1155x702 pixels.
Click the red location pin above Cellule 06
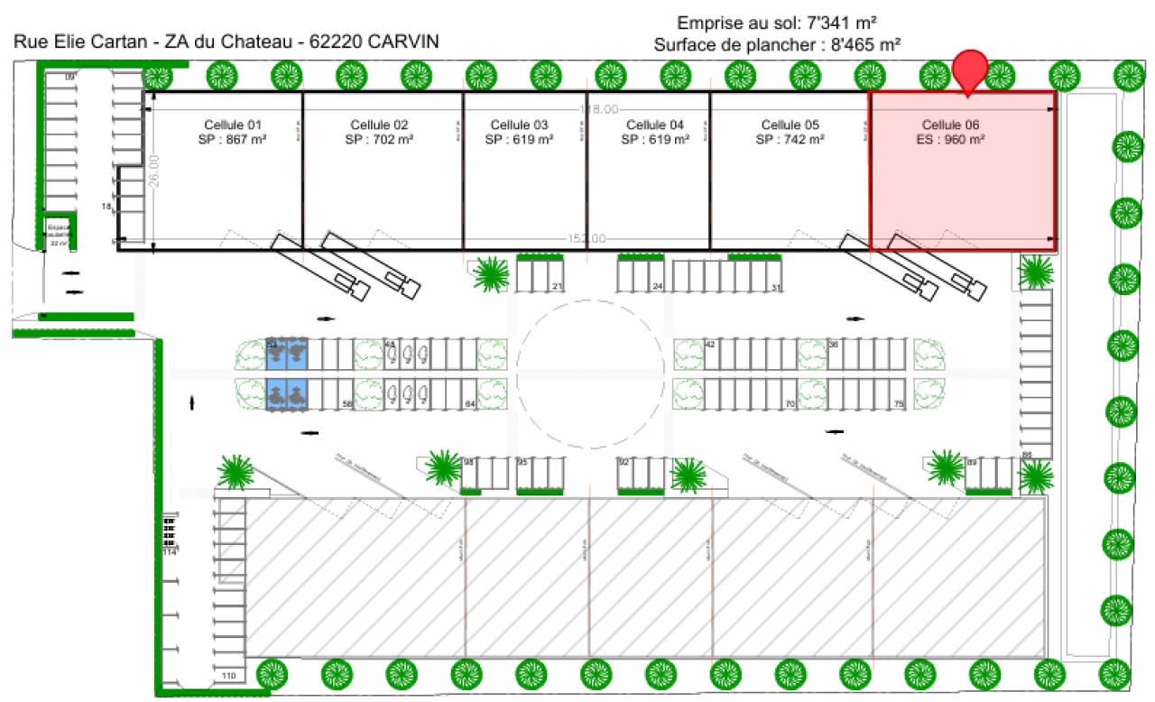pos(970,69)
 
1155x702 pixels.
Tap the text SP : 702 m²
pos(379,140)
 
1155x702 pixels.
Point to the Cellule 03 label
pos(519,125)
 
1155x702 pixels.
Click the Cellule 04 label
pos(656,125)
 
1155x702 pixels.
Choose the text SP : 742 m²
pos(790,140)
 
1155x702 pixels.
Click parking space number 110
pos(228,676)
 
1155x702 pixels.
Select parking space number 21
pos(557,287)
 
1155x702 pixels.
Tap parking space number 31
pos(776,287)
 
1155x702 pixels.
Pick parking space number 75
pos(898,405)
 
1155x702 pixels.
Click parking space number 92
pos(623,462)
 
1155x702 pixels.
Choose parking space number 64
pos(469,405)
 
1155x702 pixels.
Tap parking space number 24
pos(658,287)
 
